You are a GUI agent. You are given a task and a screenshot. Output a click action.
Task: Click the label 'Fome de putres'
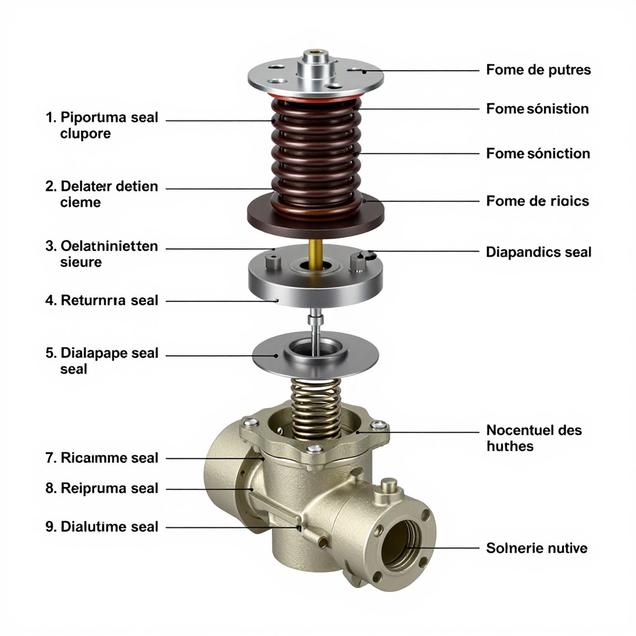coord(538,70)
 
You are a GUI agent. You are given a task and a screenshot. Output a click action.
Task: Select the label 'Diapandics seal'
coord(538,252)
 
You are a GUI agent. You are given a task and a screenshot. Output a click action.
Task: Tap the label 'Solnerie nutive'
coord(537,548)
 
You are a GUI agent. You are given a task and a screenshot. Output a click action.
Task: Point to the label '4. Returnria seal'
coord(102,300)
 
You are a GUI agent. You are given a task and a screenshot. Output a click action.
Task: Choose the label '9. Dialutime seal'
coord(102,527)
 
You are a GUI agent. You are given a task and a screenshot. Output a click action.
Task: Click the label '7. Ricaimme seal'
coord(102,458)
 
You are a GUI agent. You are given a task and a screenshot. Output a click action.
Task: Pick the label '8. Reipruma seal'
coord(102,488)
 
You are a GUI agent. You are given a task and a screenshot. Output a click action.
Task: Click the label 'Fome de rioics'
coord(537,201)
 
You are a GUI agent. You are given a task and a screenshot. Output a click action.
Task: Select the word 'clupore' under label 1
coord(85,134)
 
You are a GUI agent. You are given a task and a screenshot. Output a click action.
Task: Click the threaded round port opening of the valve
coord(402,544)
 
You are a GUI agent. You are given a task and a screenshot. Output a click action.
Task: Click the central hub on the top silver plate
coord(316,65)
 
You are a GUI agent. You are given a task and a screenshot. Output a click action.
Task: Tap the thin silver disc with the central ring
coord(316,355)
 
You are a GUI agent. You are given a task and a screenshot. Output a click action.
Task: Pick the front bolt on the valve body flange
coord(315,448)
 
